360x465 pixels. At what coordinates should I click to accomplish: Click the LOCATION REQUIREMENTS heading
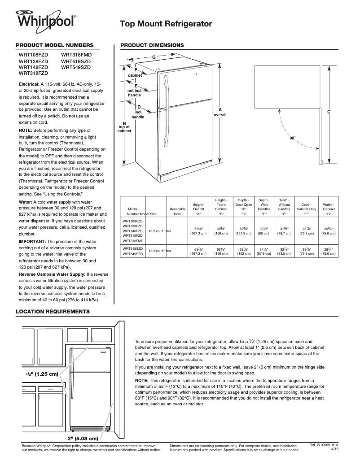tap(53, 311)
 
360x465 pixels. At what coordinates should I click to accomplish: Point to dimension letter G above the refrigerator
tap(154, 57)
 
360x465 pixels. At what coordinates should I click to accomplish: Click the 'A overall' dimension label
tap(220, 112)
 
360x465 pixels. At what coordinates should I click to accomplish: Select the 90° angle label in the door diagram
tap(292, 138)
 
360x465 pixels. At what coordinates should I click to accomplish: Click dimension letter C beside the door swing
tap(329, 111)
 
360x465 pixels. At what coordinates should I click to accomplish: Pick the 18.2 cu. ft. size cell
tap(158, 231)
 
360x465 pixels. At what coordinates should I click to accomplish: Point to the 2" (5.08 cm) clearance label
tap(83, 438)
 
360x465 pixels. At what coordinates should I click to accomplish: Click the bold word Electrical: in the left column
tap(29, 84)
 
